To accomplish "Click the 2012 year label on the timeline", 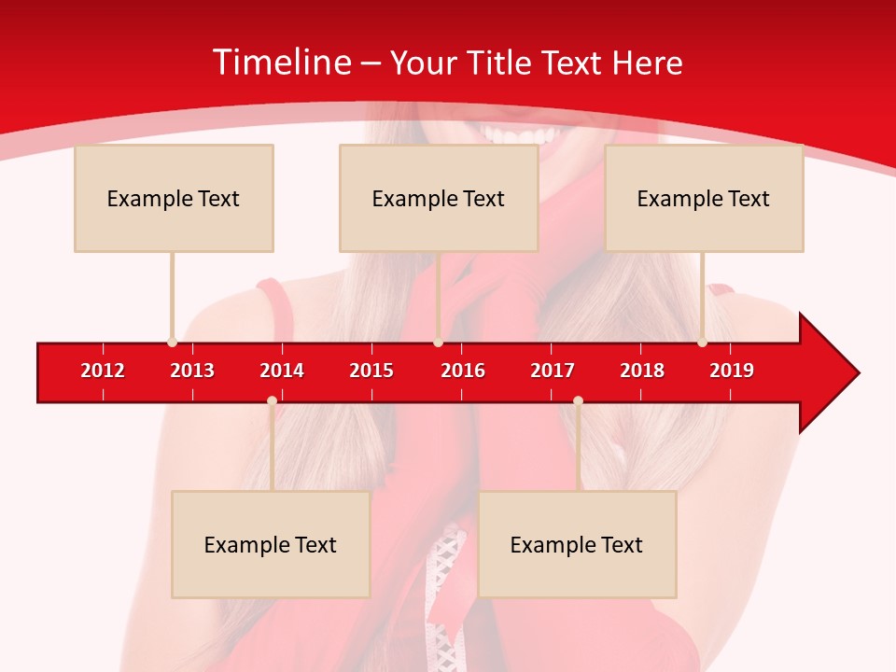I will (x=103, y=371).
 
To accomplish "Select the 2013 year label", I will (x=192, y=371).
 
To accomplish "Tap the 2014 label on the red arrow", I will (x=282, y=371).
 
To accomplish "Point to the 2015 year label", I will (x=371, y=371).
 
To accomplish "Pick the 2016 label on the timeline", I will (x=463, y=371).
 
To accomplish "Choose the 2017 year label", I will (x=553, y=371).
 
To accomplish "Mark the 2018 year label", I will (x=642, y=371).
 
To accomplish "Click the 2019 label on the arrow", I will (x=732, y=371).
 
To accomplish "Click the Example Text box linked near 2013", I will (x=174, y=198).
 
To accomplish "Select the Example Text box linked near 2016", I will (x=439, y=198).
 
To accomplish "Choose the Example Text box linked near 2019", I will (x=704, y=198).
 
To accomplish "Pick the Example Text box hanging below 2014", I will (x=271, y=544).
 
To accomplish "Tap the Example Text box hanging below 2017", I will (x=577, y=544).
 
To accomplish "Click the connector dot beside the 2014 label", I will (x=272, y=400).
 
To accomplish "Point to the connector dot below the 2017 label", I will (x=578, y=400).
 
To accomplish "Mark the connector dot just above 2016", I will (x=438, y=343).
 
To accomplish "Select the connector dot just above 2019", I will (x=702, y=343).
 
